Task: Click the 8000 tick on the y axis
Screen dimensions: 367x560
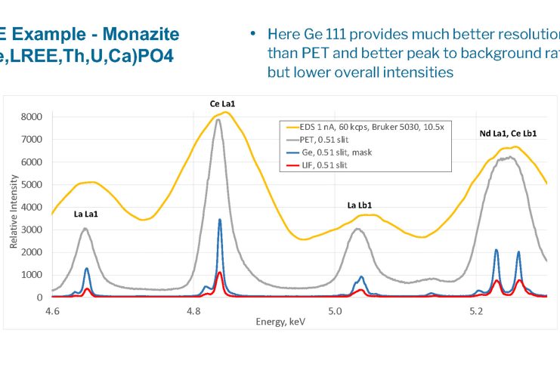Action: point(31,117)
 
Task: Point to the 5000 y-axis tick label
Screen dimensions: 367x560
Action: point(31,184)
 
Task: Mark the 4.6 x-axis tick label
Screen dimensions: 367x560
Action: point(52,310)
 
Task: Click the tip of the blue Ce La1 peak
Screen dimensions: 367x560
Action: point(220,220)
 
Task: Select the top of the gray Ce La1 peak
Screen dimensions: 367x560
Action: point(218,119)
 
